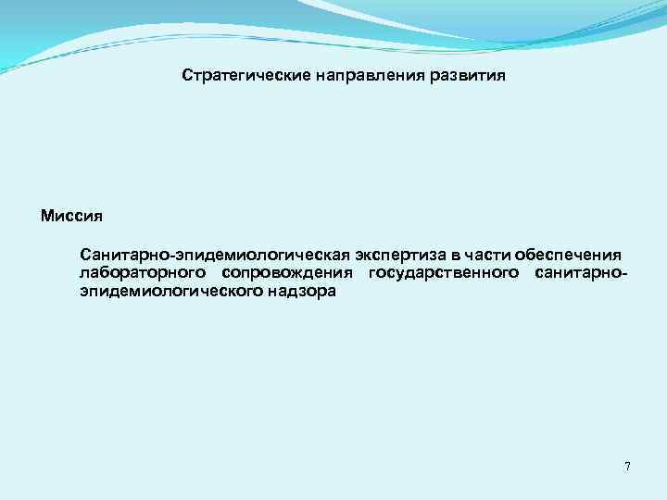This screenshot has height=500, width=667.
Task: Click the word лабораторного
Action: tap(143, 273)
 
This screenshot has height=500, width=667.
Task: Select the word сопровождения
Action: tap(288, 273)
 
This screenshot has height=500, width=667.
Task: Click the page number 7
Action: tap(627, 466)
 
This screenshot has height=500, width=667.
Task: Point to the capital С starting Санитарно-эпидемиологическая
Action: tap(86, 255)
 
